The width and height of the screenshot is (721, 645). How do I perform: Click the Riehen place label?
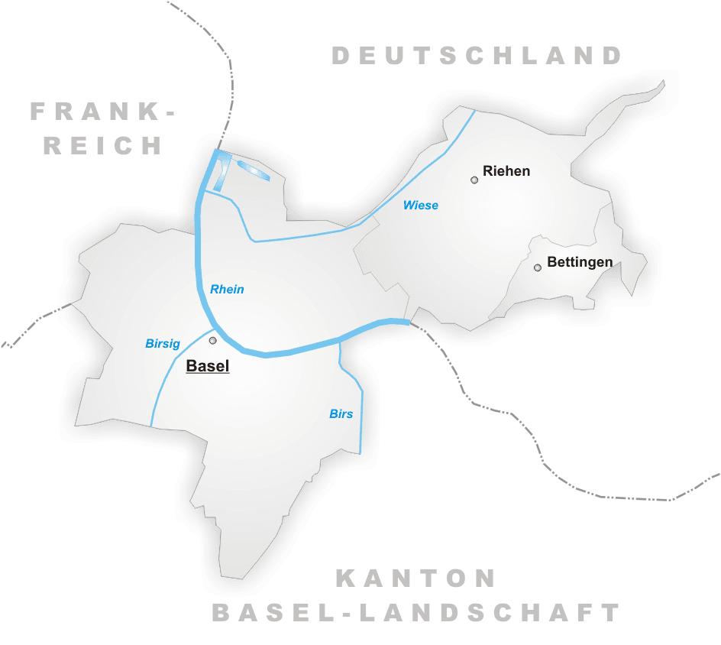pyautogui.click(x=506, y=171)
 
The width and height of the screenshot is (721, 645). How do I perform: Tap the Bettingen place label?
pyautogui.click(x=580, y=262)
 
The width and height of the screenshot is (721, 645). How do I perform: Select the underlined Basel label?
pyautogui.click(x=208, y=366)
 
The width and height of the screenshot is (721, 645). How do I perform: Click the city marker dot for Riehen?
pyautogui.click(x=474, y=180)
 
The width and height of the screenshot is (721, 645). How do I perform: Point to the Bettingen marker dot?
pyautogui.click(x=538, y=267)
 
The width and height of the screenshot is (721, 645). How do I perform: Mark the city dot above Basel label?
pyautogui.click(x=213, y=340)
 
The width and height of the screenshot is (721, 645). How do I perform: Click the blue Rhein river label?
pyautogui.click(x=227, y=289)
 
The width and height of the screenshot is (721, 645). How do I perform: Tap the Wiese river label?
pyautogui.click(x=421, y=205)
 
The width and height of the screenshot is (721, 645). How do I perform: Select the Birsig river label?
pyautogui.click(x=163, y=344)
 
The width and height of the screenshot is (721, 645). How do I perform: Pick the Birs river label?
pyautogui.click(x=341, y=413)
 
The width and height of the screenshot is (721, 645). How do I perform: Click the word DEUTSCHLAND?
pyautogui.click(x=477, y=56)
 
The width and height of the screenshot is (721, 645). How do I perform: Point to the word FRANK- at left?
pyautogui.click(x=102, y=112)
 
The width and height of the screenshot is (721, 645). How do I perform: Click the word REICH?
pyautogui.click(x=102, y=145)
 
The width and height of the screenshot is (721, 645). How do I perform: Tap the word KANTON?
pyautogui.click(x=416, y=579)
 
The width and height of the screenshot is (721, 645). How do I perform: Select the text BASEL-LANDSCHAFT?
pyautogui.click(x=416, y=612)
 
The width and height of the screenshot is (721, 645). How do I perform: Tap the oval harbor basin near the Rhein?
pyautogui.click(x=253, y=170)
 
